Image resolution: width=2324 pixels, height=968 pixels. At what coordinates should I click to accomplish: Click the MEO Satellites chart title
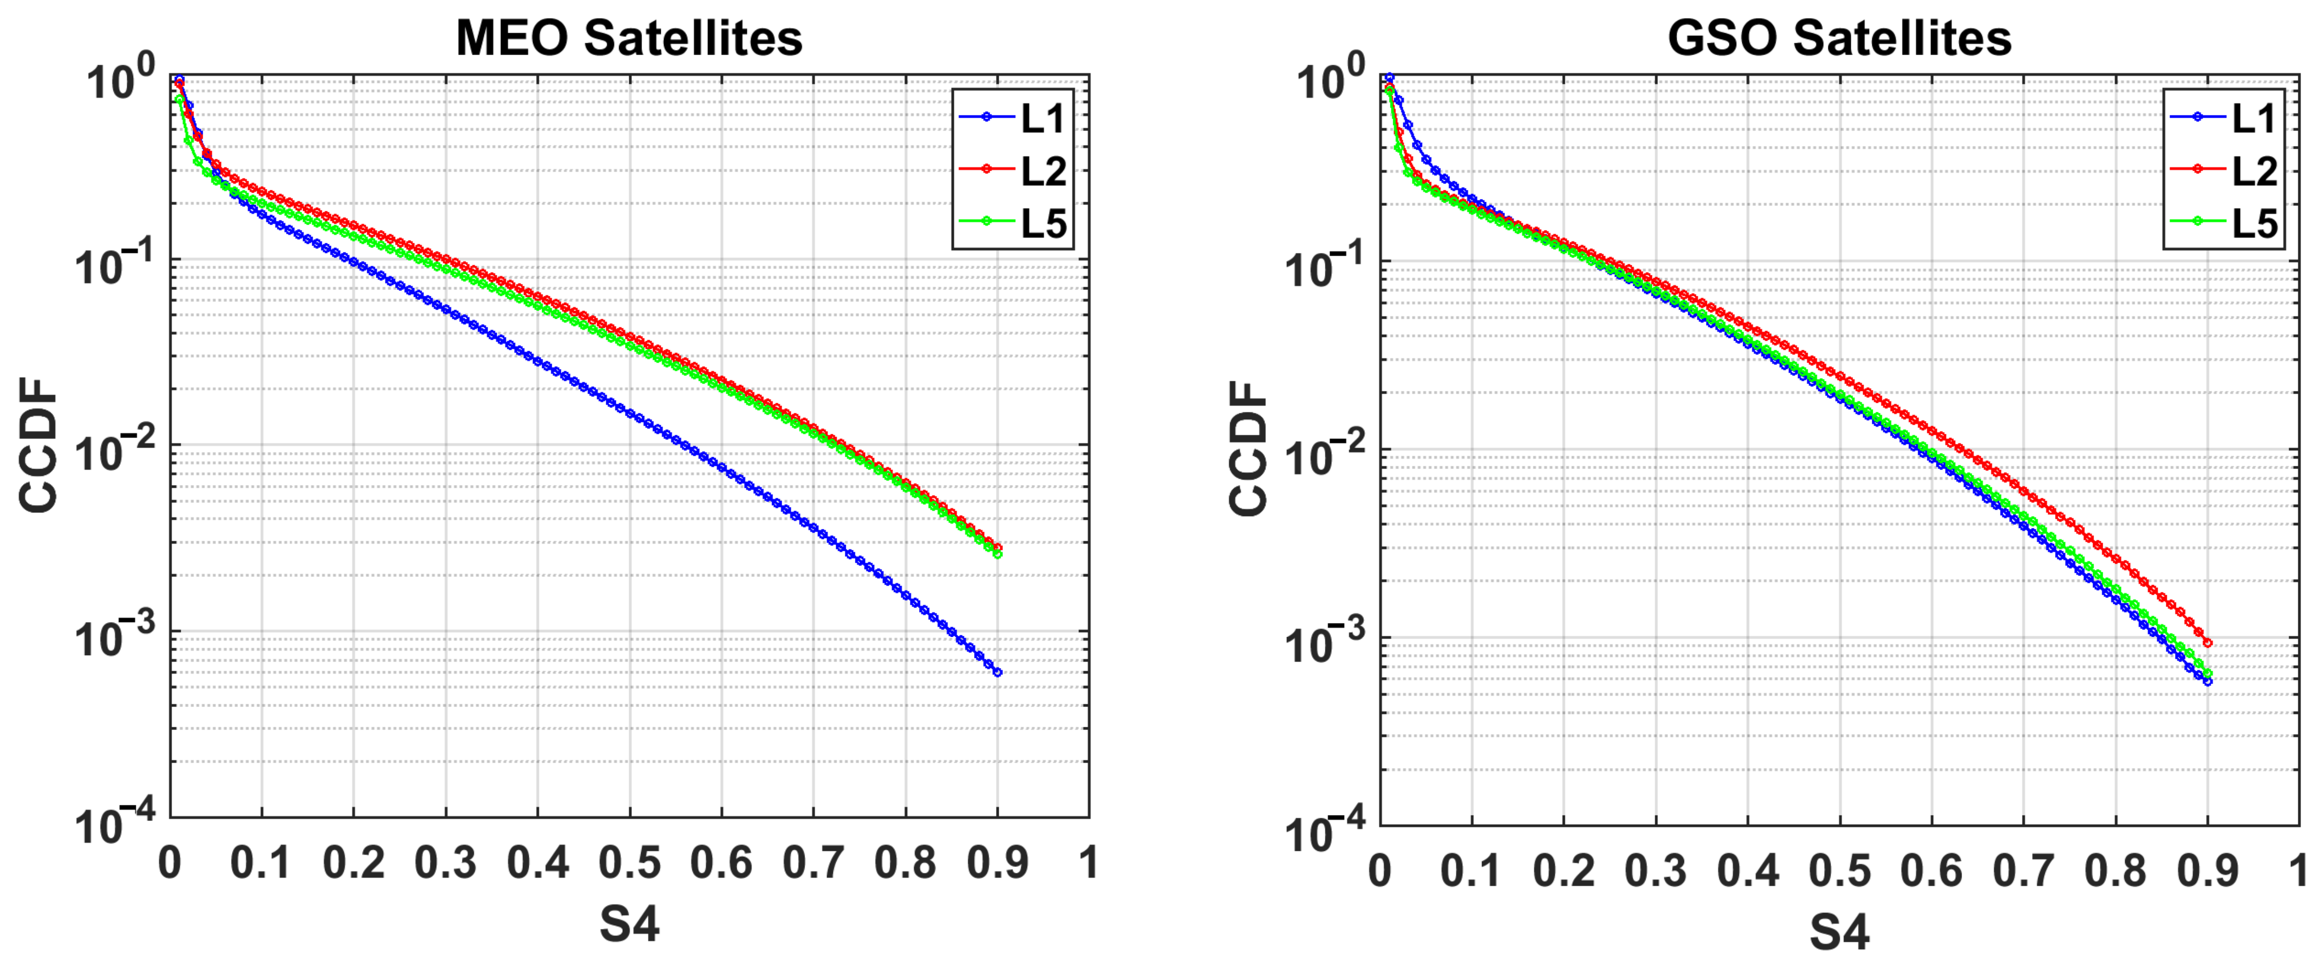pos(629,38)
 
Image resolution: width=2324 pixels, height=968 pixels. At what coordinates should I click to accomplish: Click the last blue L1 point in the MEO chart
pos(997,672)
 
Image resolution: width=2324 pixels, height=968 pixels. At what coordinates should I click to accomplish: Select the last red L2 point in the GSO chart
pos(2207,643)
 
